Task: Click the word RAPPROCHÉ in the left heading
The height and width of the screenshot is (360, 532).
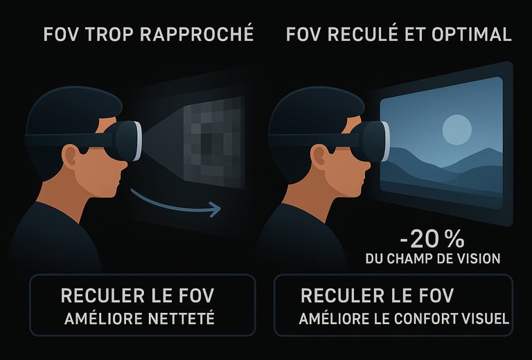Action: (x=197, y=33)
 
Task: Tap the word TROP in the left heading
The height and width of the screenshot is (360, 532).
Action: (x=109, y=34)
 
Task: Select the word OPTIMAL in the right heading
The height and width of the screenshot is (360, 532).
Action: (x=472, y=34)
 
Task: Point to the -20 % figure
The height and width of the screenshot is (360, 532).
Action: (x=432, y=240)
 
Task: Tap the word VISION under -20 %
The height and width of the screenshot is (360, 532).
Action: (x=479, y=259)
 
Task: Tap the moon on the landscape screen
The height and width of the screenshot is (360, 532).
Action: (x=457, y=130)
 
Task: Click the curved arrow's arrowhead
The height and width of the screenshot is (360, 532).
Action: (x=215, y=209)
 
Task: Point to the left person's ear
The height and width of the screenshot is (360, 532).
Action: (x=70, y=157)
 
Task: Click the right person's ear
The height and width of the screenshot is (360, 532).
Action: (x=319, y=157)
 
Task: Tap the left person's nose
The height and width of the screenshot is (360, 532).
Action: (x=123, y=165)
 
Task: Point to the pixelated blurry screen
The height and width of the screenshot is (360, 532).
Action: (x=214, y=143)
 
